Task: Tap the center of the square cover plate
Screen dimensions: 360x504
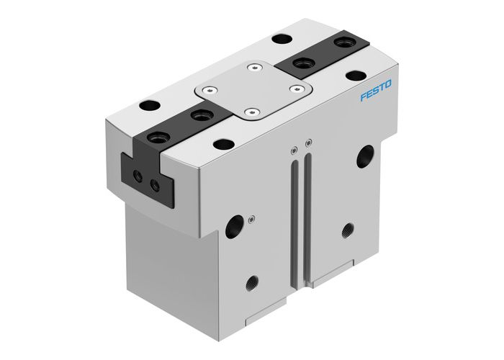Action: pos(253,91)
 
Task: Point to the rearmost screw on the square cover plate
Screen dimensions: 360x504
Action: pos(254,69)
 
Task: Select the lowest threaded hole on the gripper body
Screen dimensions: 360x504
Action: pos(252,281)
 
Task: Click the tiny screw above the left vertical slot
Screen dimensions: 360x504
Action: pos(294,150)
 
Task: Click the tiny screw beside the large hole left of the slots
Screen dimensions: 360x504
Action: pos(250,219)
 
